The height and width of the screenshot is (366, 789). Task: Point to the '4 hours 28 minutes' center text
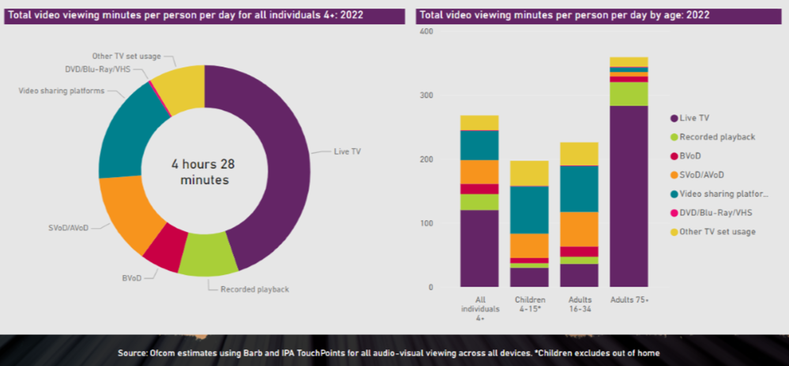[203, 172]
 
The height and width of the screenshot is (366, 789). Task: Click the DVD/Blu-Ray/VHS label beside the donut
[97, 69]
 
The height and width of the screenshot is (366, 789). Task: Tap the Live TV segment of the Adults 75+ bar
[629, 196]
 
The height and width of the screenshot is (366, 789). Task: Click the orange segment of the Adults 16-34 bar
[579, 229]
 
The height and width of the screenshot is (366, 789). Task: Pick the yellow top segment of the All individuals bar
[479, 122]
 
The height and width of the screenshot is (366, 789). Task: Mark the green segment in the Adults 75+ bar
[629, 94]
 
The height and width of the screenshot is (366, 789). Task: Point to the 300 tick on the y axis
[426, 95]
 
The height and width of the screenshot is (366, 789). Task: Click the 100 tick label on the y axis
[426, 223]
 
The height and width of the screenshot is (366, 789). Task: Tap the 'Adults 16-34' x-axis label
[579, 304]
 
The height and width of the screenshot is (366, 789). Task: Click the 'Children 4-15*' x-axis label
[529, 304]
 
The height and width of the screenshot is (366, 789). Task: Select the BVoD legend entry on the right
[690, 156]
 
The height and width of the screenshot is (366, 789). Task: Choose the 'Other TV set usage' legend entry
[717, 232]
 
